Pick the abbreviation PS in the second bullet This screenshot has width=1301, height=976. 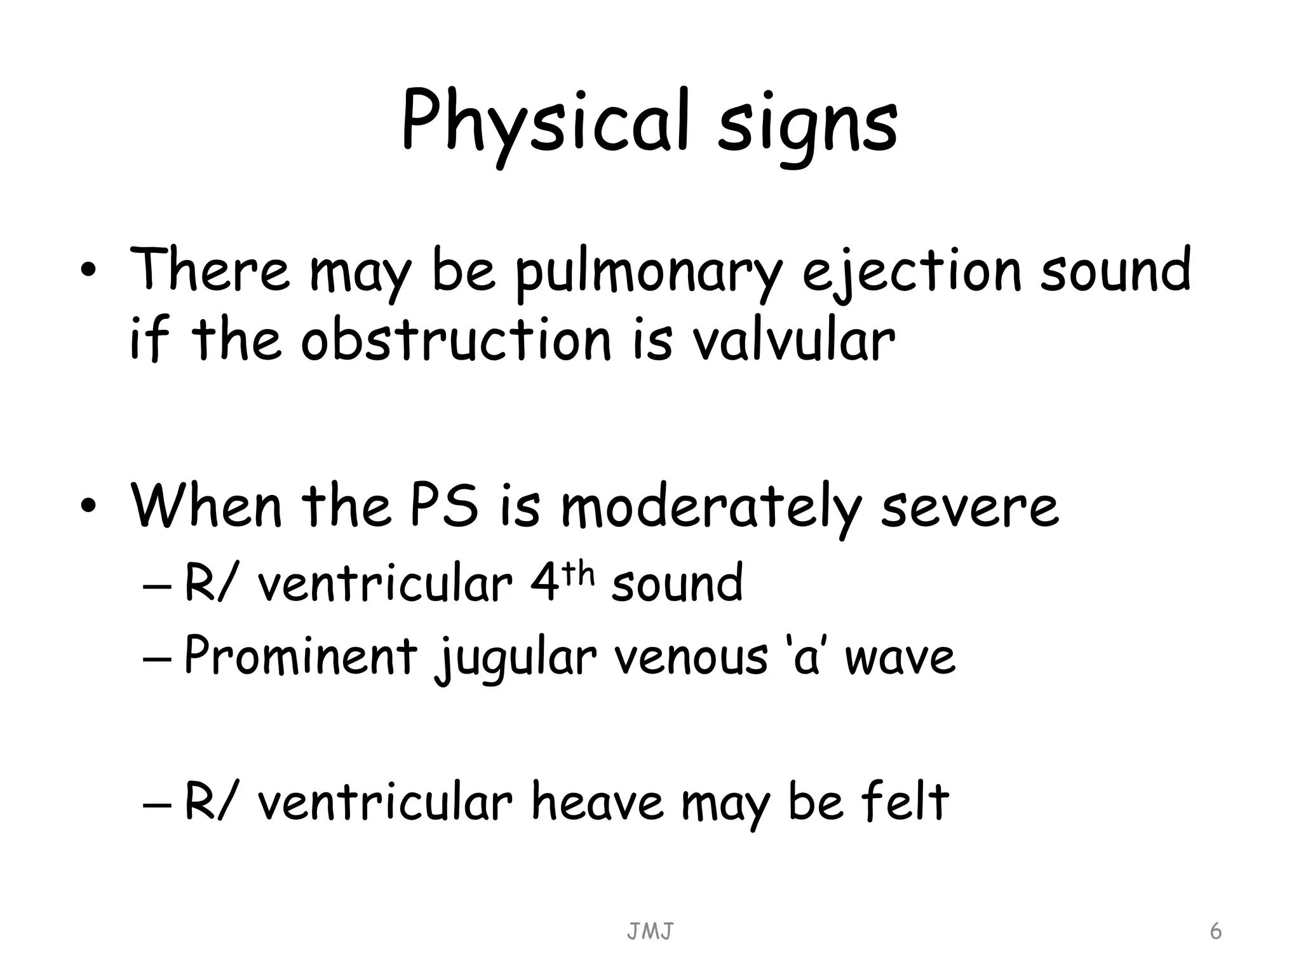tap(444, 506)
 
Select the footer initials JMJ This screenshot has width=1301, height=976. tap(650, 932)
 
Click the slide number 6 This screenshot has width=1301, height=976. tap(1215, 932)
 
